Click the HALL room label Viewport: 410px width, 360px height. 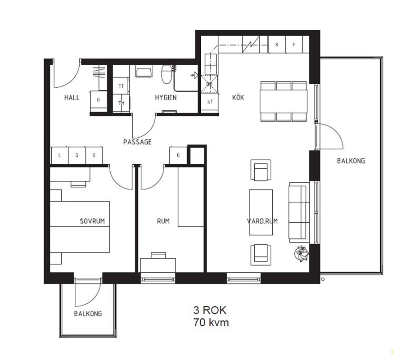(72, 98)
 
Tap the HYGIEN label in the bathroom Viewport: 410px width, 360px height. (166, 98)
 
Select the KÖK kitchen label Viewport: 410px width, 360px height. (238, 97)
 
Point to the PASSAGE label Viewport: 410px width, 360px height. (137, 142)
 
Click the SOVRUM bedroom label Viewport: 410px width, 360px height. (92, 221)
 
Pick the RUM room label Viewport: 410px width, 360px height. (163, 221)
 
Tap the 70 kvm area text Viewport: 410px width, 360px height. (211, 322)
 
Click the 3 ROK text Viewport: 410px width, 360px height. (210, 310)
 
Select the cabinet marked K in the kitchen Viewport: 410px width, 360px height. (277, 45)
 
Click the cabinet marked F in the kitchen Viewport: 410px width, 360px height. (294, 45)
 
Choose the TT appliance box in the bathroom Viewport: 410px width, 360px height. (121, 86)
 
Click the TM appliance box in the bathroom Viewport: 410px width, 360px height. (121, 103)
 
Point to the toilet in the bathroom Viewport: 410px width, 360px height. (166, 74)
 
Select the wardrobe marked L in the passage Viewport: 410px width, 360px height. (59, 155)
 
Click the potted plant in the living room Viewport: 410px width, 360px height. (302, 253)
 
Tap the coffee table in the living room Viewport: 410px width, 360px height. (261, 212)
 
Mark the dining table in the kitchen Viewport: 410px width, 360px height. (284, 101)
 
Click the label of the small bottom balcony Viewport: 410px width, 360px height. (88, 314)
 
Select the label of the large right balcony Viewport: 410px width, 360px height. (351, 161)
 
